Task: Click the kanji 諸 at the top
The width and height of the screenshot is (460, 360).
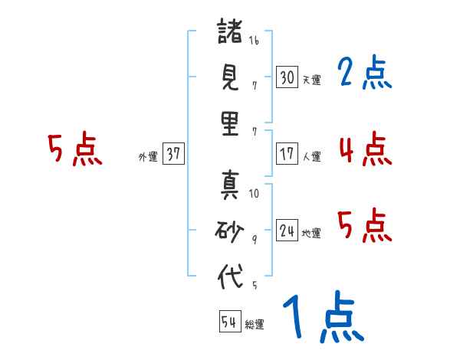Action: coord(230,31)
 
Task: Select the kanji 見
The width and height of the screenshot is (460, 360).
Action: coord(230,77)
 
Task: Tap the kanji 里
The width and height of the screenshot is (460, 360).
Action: coord(230,124)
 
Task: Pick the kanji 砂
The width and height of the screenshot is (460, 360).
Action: coord(229,231)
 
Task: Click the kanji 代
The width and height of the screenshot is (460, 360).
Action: coord(230,277)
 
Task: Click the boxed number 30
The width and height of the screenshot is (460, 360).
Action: coord(287,77)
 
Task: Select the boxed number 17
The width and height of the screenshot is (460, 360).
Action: coord(287,154)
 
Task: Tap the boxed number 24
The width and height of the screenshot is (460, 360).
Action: coord(287,230)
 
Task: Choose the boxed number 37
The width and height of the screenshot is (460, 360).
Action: coord(173,153)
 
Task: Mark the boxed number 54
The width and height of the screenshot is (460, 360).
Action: coord(230,321)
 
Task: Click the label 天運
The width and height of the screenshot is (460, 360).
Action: coord(312,80)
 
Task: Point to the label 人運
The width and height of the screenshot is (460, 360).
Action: coord(312,156)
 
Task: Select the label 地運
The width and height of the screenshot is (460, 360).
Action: coord(311,234)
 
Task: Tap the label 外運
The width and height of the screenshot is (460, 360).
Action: coord(148,156)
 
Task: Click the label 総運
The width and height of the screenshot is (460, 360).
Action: coord(255,325)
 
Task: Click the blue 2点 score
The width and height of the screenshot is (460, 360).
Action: coord(365,72)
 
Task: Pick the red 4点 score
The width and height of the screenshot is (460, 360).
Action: coord(366,149)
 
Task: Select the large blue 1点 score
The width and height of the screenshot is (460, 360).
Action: coord(324,317)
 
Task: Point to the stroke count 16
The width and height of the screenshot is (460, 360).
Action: coord(254,41)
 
